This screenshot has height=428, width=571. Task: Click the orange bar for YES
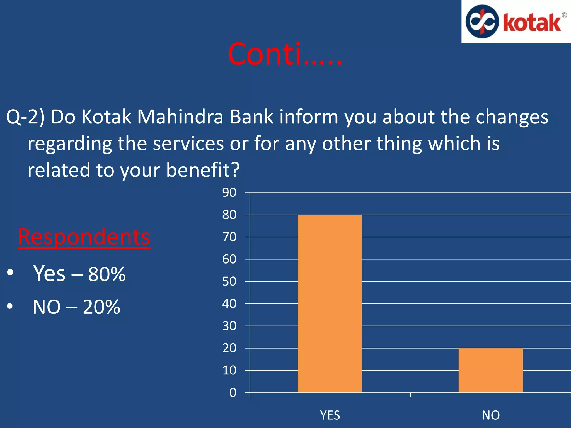point(330,303)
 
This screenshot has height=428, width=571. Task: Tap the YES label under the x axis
point(330,415)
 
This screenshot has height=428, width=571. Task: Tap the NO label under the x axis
point(490,415)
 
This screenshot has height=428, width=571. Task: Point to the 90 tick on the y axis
point(229,193)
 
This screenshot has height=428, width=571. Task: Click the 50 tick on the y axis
point(229,281)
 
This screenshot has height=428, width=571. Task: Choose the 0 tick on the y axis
point(233,392)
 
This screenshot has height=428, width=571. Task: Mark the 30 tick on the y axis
point(229,326)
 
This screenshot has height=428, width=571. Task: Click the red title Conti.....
point(284,54)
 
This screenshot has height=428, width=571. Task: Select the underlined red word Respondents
point(84,237)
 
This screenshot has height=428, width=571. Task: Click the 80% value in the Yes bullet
point(107,274)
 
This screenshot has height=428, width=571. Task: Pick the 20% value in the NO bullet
point(101,307)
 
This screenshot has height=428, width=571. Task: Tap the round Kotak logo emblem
point(482,21)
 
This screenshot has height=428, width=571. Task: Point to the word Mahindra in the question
point(180,117)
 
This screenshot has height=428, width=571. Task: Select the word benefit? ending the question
point(203,170)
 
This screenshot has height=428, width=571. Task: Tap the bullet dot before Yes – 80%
point(10,273)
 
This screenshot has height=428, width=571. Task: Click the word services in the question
point(188,144)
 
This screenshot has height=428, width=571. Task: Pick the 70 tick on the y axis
point(229,237)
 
